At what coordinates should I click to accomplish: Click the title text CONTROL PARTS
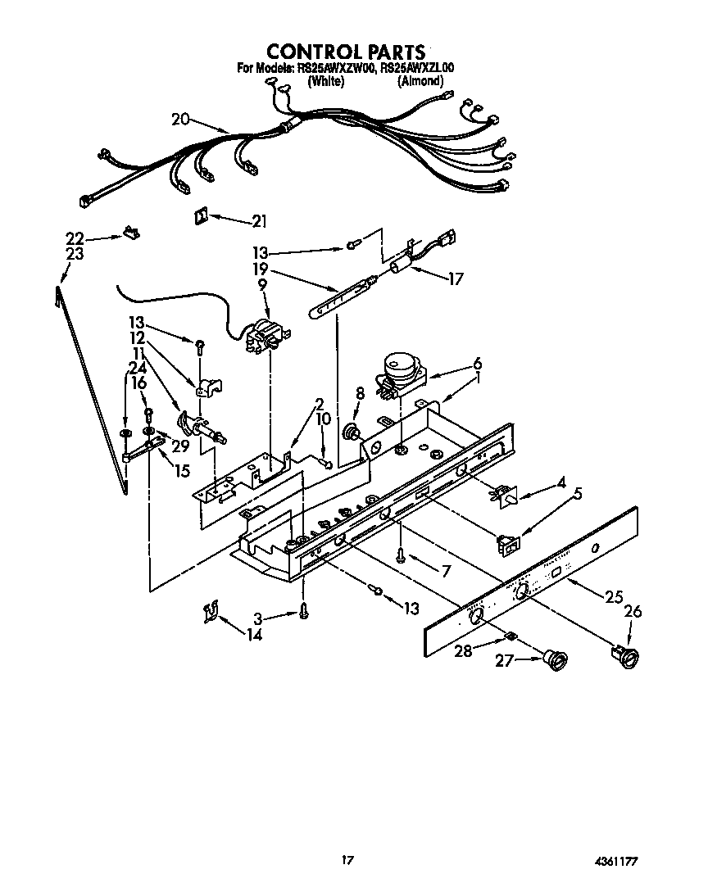coord(347,52)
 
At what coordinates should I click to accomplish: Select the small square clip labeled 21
coord(199,215)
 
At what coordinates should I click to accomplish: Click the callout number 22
coord(75,238)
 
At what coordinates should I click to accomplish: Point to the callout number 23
coord(75,254)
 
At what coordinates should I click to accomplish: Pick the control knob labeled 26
coord(624,653)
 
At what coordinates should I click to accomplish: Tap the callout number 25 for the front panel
coord(613,597)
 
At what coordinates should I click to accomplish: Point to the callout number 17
coord(455,279)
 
